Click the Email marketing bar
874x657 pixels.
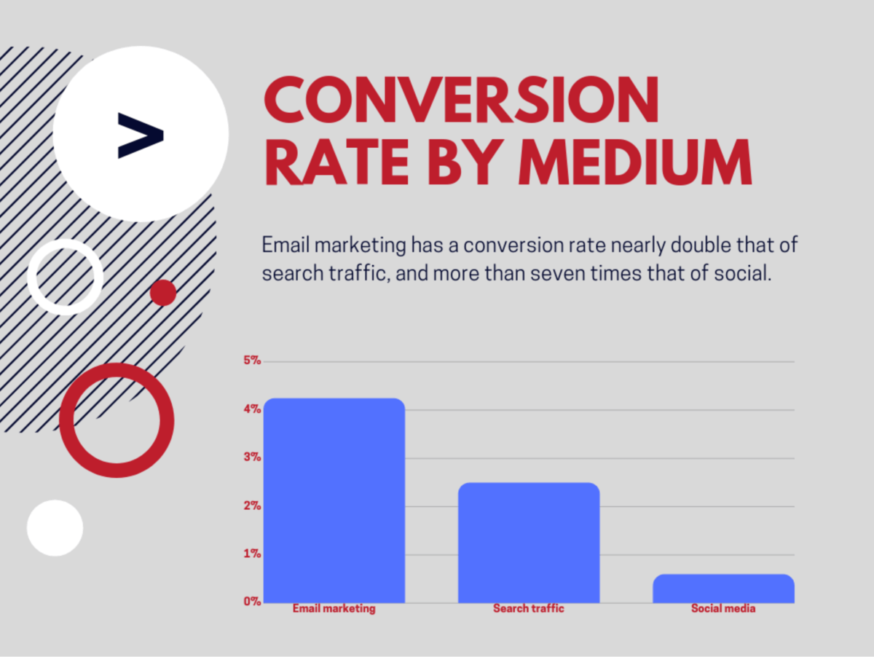334,500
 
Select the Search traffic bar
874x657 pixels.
529,543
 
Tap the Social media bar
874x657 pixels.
723,589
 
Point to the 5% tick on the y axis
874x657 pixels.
252,361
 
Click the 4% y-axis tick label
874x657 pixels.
252,409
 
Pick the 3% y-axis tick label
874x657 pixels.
252,457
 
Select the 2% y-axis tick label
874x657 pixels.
252,505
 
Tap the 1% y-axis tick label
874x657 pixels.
252,554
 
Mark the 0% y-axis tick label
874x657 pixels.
252,601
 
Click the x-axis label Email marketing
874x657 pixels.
334,609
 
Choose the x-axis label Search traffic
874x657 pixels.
529,608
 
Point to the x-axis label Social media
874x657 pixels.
723,608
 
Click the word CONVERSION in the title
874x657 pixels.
461,100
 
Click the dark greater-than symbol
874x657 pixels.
141,135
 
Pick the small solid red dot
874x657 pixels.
163,293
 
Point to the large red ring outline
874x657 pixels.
66,420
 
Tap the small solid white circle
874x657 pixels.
55,528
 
